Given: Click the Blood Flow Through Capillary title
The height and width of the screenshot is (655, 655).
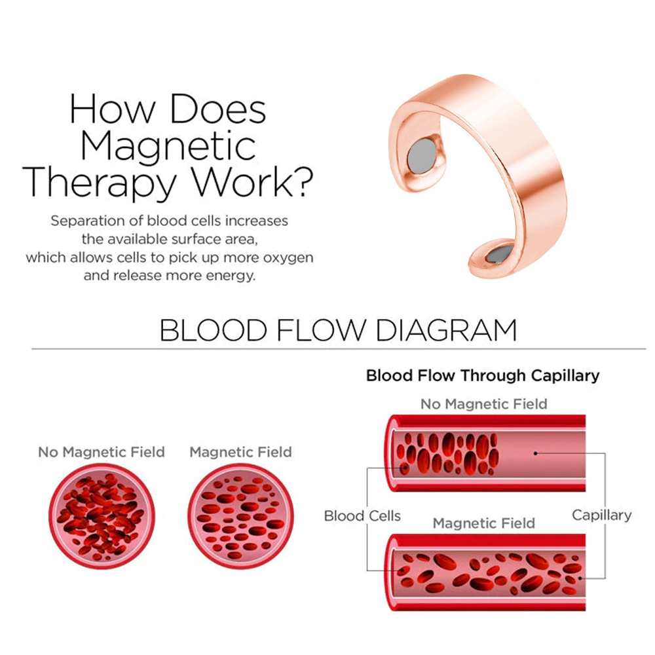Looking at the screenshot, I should (483, 376).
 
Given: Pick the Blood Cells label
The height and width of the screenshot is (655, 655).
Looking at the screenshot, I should (362, 515).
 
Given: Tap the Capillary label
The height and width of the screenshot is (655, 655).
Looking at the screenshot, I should (601, 515).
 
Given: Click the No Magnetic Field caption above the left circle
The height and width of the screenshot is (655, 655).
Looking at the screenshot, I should (102, 452).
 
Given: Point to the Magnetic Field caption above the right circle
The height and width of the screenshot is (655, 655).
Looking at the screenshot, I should (240, 452).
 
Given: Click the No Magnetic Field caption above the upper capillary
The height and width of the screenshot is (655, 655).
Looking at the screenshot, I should (483, 404).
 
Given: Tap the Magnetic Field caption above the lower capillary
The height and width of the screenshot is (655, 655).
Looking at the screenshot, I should (483, 523).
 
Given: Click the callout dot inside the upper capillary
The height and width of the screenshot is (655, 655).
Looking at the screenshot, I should (535, 453).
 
